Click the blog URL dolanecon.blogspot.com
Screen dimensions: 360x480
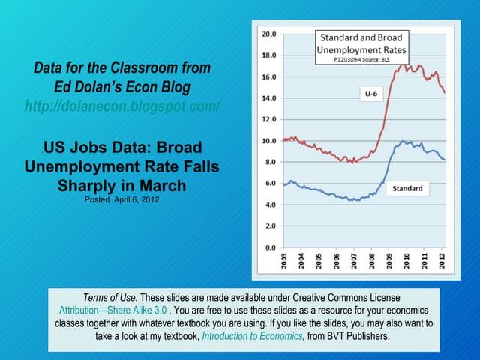(x=122, y=106)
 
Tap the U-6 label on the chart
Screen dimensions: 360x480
(x=370, y=94)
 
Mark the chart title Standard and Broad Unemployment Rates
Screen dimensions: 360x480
(x=361, y=43)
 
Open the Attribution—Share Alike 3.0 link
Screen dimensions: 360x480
(x=112, y=309)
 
